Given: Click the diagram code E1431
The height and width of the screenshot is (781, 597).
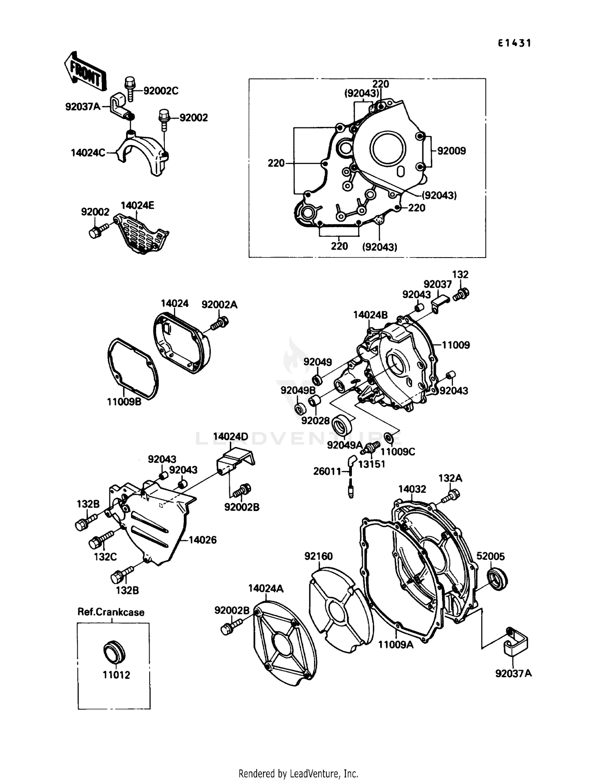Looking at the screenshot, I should coord(514,43).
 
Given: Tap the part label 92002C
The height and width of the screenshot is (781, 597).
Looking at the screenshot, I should coord(160,91).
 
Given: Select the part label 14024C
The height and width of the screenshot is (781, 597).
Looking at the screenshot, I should coord(88,153).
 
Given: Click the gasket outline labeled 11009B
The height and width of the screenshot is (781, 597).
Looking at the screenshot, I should coord(133,369).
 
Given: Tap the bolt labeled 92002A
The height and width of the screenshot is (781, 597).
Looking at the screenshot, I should coord(220,322).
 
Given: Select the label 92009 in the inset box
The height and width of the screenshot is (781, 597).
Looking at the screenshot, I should coord(451,151).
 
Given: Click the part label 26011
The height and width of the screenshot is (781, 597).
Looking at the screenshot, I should coord(327,472).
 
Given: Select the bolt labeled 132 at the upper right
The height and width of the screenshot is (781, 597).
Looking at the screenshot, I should coord(462,295).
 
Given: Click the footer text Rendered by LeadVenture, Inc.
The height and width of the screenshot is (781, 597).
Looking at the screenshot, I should coord(298,774).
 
